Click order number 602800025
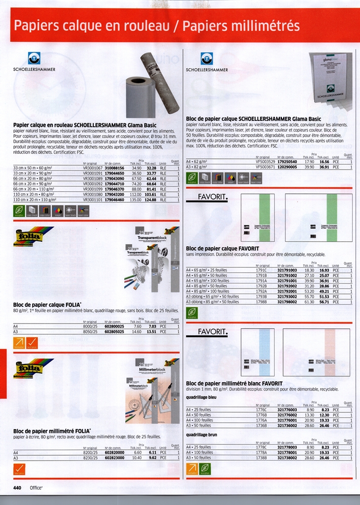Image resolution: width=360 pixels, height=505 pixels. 115,326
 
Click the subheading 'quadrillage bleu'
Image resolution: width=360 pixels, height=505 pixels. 201,397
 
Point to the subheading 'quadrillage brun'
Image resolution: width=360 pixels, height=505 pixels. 202,434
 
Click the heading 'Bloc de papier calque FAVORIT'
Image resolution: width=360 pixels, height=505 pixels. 222,248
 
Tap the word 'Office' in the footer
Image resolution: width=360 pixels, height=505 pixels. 36,488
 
